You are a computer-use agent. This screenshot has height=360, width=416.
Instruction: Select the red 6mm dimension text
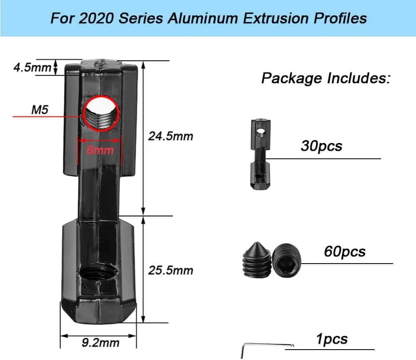pyautogui.click(x=100, y=150)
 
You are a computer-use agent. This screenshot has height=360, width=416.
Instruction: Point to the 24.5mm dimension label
pyautogui.click(x=171, y=136)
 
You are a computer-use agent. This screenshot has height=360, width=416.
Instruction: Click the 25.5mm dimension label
pyautogui.click(x=171, y=270)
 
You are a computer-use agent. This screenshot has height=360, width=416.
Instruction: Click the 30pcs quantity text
pyautogui.click(x=321, y=146)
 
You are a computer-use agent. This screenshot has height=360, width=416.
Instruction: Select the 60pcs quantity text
pyautogui.click(x=344, y=252)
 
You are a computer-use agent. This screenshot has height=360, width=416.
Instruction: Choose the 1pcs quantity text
pyautogui.click(x=332, y=339)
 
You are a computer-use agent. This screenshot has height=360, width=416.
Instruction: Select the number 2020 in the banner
pyautogui.click(x=94, y=18)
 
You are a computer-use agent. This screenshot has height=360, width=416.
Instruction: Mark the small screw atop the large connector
pyautogui.click(x=100, y=64)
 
